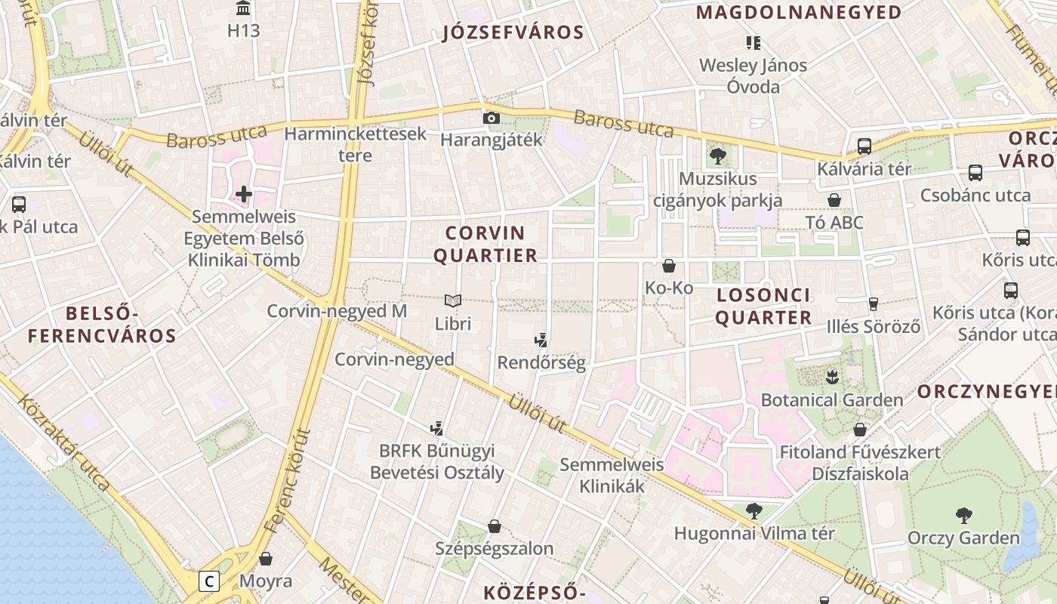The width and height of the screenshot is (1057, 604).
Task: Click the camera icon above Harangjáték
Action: click(491, 118)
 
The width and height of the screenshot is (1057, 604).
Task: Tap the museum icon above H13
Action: click(243, 8)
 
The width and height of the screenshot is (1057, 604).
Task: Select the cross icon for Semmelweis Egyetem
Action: click(243, 194)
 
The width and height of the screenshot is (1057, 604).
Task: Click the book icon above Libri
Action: click(452, 301)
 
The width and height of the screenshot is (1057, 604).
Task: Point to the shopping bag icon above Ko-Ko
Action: click(668, 266)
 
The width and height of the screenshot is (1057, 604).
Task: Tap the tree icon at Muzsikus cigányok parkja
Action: click(717, 156)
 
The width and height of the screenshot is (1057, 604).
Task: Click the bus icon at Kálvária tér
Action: click(864, 146)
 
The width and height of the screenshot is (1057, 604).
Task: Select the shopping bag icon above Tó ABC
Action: click(834, 200)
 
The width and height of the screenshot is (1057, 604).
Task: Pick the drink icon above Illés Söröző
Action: click(874, 304)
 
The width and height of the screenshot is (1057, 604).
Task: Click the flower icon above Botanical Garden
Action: click(832, 376)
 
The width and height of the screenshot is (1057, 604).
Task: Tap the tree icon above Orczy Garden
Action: click(963, 516)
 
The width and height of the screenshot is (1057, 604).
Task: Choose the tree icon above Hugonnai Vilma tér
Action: click(753, 511)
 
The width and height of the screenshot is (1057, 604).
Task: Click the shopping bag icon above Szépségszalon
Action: click(495, 525)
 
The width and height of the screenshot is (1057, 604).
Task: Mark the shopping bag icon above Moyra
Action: click(266, 559)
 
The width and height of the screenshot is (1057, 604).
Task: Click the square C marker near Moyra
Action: click(209, 581)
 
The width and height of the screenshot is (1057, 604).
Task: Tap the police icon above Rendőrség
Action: click(541, 340)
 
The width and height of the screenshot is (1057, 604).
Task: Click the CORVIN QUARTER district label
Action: click(485, 244)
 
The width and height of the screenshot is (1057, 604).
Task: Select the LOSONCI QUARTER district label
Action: click(763, 306)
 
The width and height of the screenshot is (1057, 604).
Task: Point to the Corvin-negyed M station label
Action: click(337, 311)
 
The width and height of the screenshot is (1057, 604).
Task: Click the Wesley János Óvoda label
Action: click(753, 75)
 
